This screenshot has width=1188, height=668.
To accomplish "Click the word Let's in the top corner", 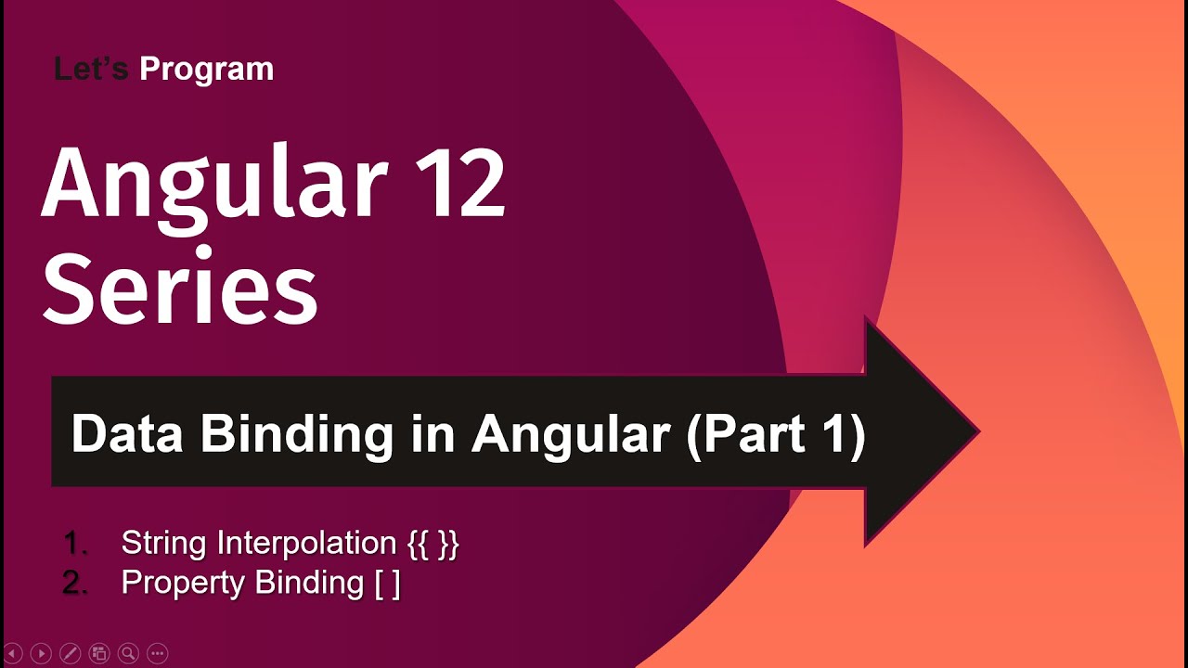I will click(91, 69).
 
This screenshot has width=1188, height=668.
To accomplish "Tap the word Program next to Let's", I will click(206, 70).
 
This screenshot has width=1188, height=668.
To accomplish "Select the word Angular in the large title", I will click(213, 183).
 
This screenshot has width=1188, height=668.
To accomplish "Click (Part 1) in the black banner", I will click(776, 433).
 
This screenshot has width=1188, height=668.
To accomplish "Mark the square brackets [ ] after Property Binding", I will click(387, 584).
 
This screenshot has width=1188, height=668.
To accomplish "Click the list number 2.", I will click(73, 584).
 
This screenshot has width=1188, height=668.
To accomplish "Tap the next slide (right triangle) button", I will click(41, 653).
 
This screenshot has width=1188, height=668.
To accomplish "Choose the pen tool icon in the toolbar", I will click(70, 653).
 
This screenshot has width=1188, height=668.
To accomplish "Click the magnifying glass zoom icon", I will click(128, 653).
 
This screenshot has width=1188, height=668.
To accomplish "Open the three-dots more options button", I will click(157, 653).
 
